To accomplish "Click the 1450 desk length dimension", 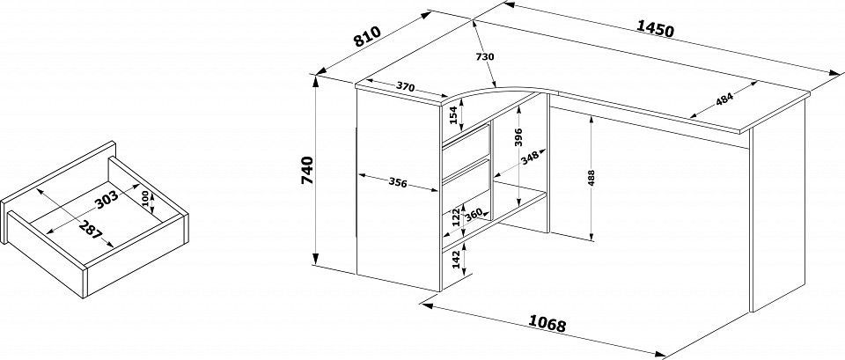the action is click(655, 28).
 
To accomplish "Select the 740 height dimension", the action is click(306, 170).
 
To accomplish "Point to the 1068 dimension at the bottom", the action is click(547, 324).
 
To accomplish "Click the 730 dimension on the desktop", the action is click(485, 56).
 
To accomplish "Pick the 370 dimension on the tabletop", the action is click(406, 86).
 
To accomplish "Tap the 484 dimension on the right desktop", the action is click(724, 99).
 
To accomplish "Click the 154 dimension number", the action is click(454, 114).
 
